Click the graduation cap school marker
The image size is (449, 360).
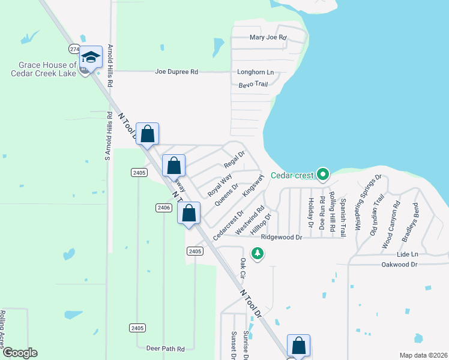[91, 58]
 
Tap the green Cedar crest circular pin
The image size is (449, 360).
[323, 175]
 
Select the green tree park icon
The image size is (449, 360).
[258, 254]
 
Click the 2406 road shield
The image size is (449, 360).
[163, 208]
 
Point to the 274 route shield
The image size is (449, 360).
[74, 49]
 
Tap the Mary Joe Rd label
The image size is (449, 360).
[268, 37]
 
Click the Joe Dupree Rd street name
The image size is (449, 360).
[176, 72]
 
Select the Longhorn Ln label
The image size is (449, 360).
[255, 73]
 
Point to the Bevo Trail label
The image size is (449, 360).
[253, 84]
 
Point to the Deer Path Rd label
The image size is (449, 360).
[165, 348]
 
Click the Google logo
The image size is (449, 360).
[19, 353]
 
